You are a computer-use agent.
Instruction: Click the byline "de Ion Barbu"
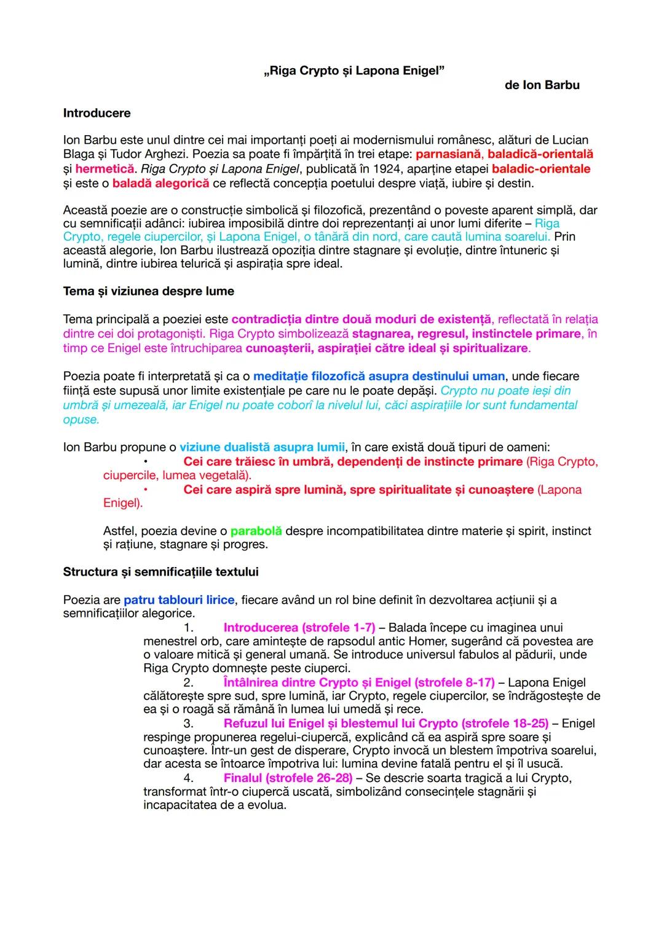[x=542, y=85]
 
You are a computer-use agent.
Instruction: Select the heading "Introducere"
[x=97, y=113]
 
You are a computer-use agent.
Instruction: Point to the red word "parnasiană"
[x=448, y=154]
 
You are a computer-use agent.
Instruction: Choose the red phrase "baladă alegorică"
[x=160, y=184]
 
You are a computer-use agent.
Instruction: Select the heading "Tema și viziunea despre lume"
[x=148, y=291]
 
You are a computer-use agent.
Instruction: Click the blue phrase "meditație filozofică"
[x=308, y=376]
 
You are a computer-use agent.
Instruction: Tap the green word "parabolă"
[x=256, y=531]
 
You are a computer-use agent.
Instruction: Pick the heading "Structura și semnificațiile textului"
[x=160, y=572]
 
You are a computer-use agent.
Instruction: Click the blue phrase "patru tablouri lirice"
[x=179, y=600]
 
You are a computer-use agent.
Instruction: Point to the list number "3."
[x=189, y=724]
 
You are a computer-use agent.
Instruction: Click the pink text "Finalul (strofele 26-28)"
[x=288, y=778]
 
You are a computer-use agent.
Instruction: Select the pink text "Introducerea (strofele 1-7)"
[x=299, y=628]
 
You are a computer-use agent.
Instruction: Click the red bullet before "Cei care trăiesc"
[x=146, y=462]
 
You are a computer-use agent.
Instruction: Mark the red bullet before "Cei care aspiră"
[x=146, y=490]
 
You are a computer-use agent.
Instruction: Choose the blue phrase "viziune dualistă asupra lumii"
[x=262, y=447]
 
